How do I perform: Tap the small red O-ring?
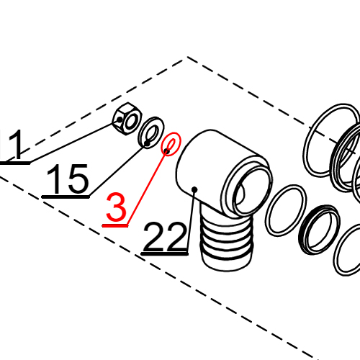tap(170, 145)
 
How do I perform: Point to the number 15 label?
tap(69, 179)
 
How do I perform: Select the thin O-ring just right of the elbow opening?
tap(284, 210)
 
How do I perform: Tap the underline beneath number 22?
tap(166, 253)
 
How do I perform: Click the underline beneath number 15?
tap(66, 196)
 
